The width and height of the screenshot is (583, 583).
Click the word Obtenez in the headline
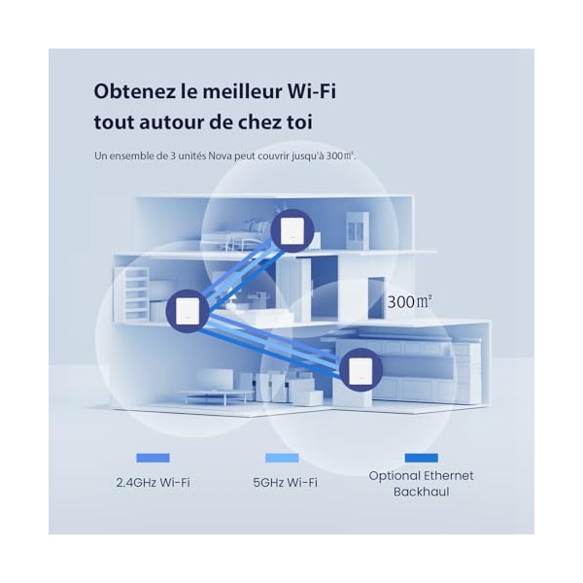[x=134, y=91]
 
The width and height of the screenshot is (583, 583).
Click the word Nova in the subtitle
[x=221, y=155]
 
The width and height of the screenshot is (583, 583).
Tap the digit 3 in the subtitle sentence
[x=173, y=155]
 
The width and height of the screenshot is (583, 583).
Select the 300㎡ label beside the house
[x=410, y=301]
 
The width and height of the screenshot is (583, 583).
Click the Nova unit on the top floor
[x=291, y=230]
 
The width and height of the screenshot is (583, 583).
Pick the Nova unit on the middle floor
[x=188, y=311]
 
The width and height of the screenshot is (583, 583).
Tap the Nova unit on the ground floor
[x=360, y=369]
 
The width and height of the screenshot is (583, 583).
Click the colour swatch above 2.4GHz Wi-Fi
[x=153, y=458]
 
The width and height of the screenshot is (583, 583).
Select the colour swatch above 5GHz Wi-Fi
[x=282, y=458]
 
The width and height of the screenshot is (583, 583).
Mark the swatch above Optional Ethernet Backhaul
[x=422, y=458]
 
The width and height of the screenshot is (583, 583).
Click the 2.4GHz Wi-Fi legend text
[x=153, y=483]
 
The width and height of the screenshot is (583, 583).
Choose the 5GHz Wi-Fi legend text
[x=285, y=483]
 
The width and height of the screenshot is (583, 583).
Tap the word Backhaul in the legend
[x=422, y=492]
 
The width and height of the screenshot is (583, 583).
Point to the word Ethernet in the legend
[x=449, y=475]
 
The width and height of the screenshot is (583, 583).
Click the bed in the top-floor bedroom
[x=238, y=236]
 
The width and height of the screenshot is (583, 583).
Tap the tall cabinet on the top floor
[x=358, y=230]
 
